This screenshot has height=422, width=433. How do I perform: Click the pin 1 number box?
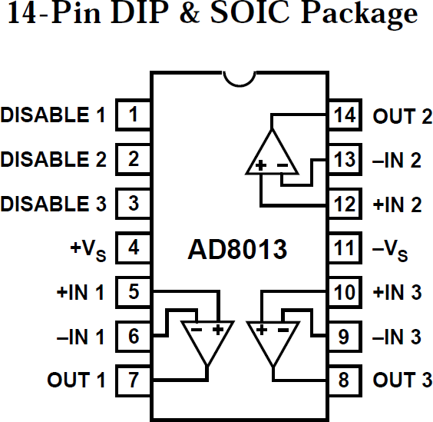(x=133, y=116)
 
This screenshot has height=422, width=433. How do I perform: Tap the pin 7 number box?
(x=133, y=380)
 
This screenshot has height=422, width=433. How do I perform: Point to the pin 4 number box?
(x=133, y=248)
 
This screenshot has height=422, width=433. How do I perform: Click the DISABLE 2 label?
(x=54, y=160)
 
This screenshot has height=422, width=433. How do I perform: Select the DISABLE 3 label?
(x=54, y=204)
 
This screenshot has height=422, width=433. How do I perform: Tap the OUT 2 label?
(x=402, y=117)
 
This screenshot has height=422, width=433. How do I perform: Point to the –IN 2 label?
(x=397, y=161)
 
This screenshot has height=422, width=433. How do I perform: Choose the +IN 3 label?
(x=397, y=293)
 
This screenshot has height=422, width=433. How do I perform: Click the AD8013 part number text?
(x=237, y=250)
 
